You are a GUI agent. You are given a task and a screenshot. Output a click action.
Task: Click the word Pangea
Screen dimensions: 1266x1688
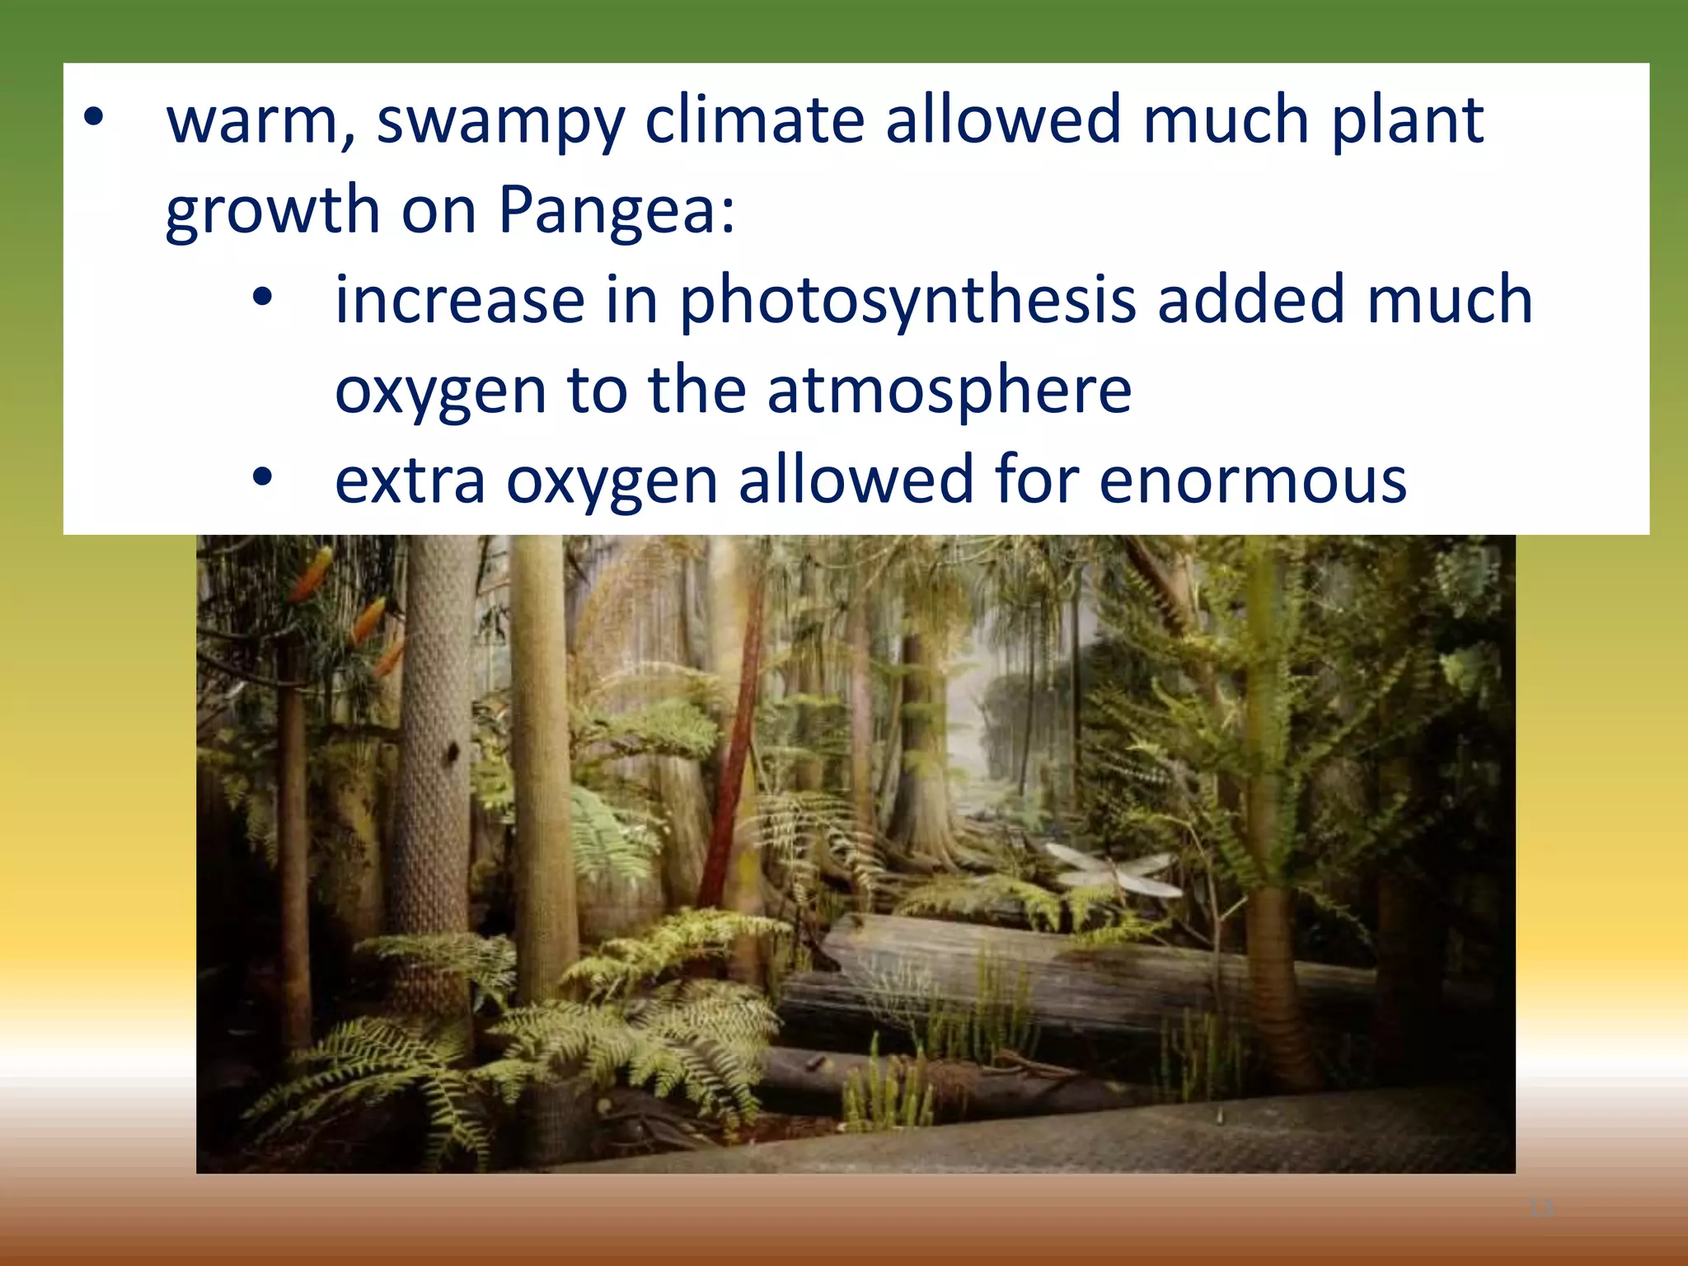pyautogui.click(x=617, y=210)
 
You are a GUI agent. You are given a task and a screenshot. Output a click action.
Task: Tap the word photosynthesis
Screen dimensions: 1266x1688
pyautogui.click(x=907, y=301)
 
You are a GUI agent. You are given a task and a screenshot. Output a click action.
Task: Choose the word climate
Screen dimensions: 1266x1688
pyautogui.click(x=754, y=120)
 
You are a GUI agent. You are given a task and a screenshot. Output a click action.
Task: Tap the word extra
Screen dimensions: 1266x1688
pyautogui.click(x=410, y=481)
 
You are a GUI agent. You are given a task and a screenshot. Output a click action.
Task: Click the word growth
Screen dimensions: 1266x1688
pyautogui.click(x=272, y=210)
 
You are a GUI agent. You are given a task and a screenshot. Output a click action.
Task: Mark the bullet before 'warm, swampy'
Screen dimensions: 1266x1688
pyautogui.click(x=94, y=118)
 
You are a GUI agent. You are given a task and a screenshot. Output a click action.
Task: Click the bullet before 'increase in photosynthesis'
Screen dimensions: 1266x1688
pyautogui.click(x=262, y=298)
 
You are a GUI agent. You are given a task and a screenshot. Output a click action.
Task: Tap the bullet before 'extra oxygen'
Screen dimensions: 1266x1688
pyautogui.click(x=262, y=477)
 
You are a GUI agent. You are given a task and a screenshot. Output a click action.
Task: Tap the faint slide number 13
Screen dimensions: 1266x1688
pyautogui.click(x=1540, y=1209)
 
